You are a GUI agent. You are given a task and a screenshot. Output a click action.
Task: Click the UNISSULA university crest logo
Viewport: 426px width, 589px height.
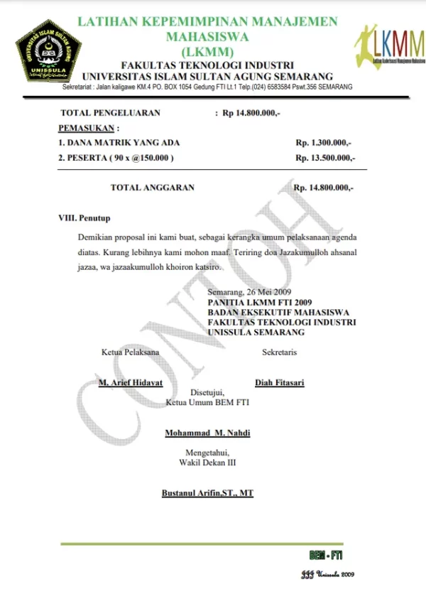tap(48, 50)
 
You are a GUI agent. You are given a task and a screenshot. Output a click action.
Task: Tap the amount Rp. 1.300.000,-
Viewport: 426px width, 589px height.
tap(324, 143)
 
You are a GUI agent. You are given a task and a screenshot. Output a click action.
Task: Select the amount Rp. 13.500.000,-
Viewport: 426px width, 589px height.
tap(326, 158)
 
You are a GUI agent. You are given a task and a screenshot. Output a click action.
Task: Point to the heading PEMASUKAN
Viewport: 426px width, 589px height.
tap(87, 128)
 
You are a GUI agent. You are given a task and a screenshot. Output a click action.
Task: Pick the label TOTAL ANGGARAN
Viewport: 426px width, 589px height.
tap(153, 188)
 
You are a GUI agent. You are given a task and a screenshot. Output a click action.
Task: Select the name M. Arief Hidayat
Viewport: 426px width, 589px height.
tap(131, 382)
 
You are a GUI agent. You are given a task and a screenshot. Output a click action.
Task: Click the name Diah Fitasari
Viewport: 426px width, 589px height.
tap(280, 382)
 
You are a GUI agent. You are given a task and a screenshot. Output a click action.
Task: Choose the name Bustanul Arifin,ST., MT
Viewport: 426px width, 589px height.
tap(207, 492)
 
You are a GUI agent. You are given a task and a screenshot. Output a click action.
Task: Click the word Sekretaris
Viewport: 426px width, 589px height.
tap(280, 352)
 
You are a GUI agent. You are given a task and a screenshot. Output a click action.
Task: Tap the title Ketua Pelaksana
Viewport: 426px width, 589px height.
tap(131, 352)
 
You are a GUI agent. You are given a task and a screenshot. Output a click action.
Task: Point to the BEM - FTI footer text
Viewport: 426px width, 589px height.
tap(326, 555)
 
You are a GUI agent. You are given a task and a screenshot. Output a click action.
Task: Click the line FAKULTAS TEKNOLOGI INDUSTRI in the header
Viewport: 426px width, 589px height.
tap(207, 65)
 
